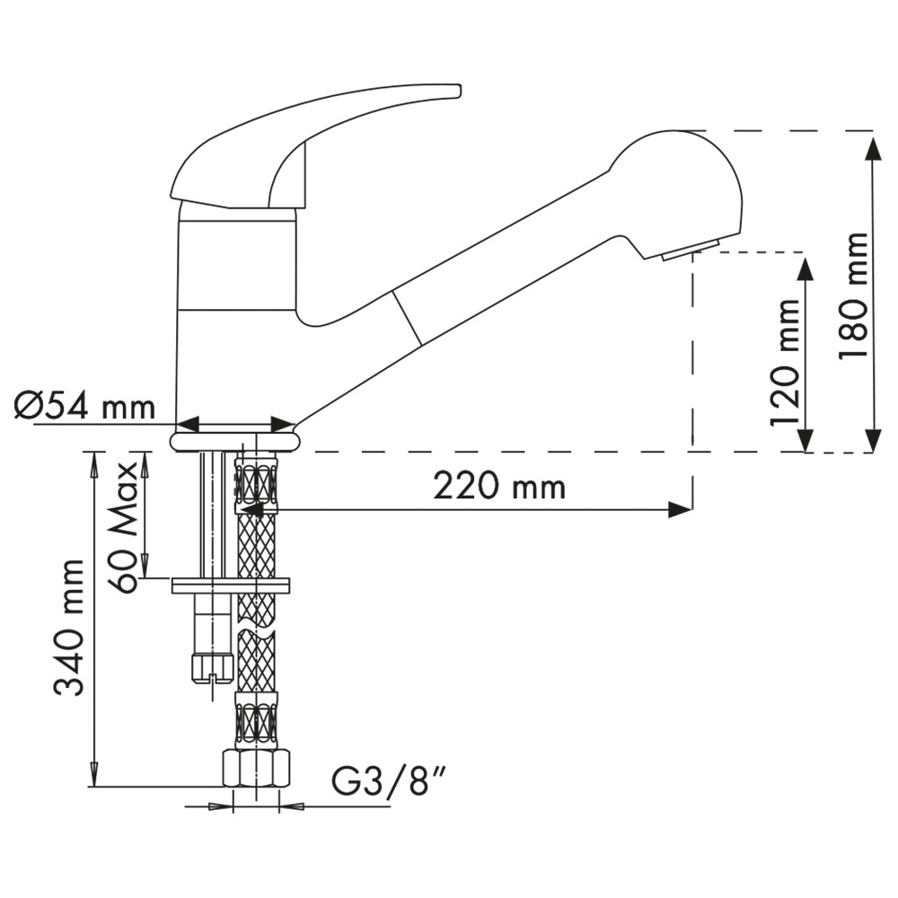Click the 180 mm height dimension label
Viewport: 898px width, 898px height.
tap(854, 295)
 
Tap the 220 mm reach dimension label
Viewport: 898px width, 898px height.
tap(499, 487)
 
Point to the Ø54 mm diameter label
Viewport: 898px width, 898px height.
tap(84, 407)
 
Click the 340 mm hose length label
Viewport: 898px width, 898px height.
tap(69, 628)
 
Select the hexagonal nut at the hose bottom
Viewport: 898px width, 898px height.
tap(255, 770)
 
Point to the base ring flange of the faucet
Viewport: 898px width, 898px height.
tap(234, 442)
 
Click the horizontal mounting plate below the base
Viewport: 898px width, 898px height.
tap(231, 585)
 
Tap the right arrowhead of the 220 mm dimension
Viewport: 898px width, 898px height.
tap(681, 509)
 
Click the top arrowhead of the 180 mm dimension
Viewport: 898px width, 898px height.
tap(872, 145)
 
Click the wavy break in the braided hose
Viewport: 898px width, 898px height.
tap(256, 625)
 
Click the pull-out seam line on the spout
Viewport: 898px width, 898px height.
tap(407, 317)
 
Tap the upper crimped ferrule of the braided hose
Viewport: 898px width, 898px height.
tap(256, 482)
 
